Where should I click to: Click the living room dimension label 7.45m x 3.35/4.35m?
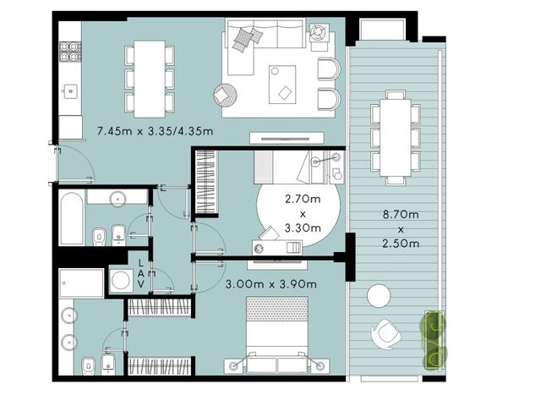(x=155, y=131)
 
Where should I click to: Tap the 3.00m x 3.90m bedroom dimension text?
(x=270, y=284)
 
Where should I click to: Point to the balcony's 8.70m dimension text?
(x=401, y=214)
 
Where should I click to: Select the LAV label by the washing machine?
(x=141, y=273)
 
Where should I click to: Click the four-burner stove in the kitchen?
(x=70, y=52)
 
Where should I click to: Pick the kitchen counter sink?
(x=70, y=91)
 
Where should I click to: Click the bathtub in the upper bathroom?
(x=72, y=218)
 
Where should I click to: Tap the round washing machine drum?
(x=121, y=280)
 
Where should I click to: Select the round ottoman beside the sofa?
(x=225, y=95)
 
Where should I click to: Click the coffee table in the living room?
(x=282, y=85)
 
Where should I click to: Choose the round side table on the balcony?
(x=379, y=296)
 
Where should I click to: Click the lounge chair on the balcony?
(x=385, y=334)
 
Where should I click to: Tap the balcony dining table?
(x=396, y=138)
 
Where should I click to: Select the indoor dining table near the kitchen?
(x=150, y=79)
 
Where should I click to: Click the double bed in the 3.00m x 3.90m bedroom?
(x=277, y=334)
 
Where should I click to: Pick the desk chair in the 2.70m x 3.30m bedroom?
(x=270, y=233)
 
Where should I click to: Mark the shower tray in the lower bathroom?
(x=81, y=283)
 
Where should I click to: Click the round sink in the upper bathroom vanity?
(x=118, y=200)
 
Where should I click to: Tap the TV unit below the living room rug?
(x=287, y=138)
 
